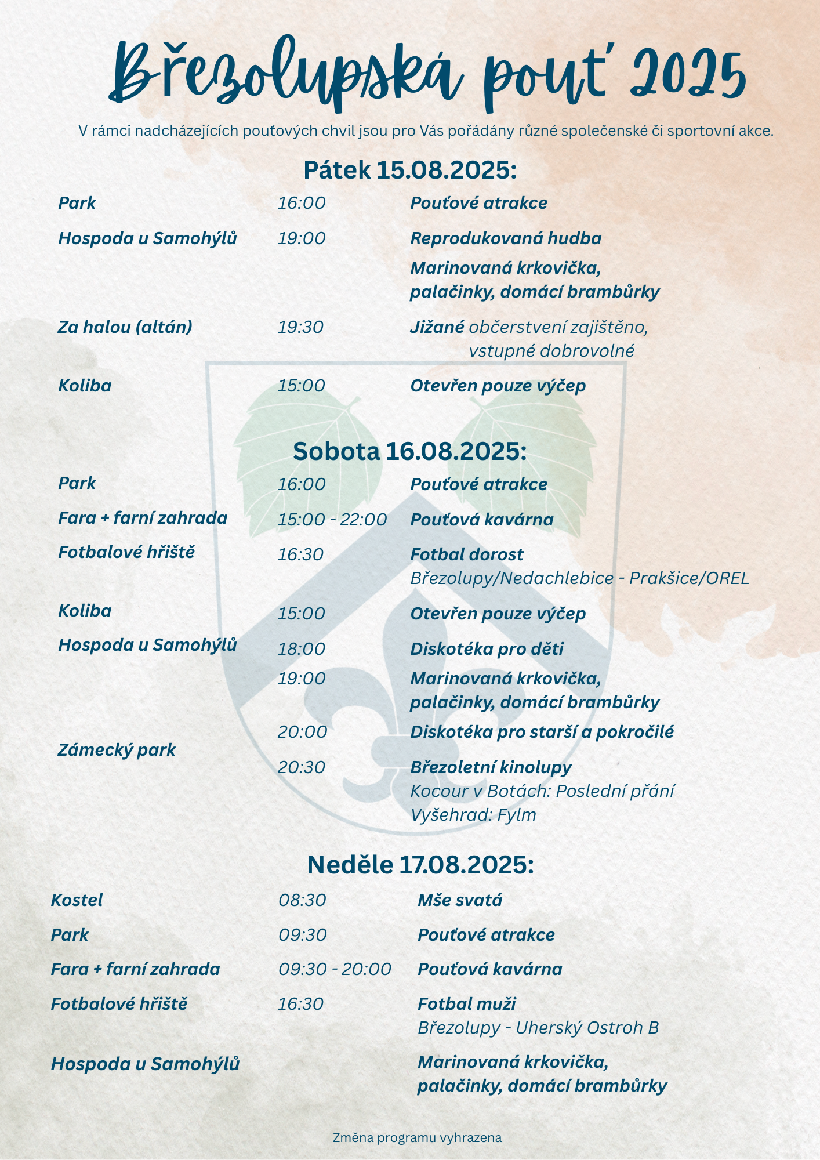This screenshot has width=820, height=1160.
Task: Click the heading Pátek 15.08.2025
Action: tap(410, 171)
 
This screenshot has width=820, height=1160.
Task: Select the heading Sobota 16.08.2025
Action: tap(410, 451)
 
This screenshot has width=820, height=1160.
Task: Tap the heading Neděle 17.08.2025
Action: tap(420, 865)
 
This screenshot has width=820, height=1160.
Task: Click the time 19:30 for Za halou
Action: tap(300, 327)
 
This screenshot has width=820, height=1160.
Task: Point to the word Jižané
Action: tap(437, 327)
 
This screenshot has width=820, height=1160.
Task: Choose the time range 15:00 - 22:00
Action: tap(332, 520)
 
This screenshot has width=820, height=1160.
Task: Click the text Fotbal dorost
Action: tap(466, 554)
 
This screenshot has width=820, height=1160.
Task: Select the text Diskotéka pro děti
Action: tap(487, 649)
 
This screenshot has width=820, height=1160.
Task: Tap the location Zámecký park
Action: tap(117, 750)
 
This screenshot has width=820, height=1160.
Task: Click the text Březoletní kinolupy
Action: tap(491, 767)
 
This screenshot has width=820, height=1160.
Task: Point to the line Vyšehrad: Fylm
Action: tap(473, 815)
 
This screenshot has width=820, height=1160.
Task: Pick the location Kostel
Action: tap(77, 900)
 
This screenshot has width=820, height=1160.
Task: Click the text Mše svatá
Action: tap(460, 900)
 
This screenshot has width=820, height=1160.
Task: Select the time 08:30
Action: tap(302, 900)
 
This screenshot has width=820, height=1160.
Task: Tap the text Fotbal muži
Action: tap(466, 1004)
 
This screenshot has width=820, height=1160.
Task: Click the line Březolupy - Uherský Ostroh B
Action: tap(538, 1028)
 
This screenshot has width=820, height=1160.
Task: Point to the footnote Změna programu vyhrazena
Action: tap(417, 1137)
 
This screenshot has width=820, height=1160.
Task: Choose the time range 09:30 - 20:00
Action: tap(335, 969)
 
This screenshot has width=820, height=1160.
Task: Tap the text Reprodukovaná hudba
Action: tap(506, 238)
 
